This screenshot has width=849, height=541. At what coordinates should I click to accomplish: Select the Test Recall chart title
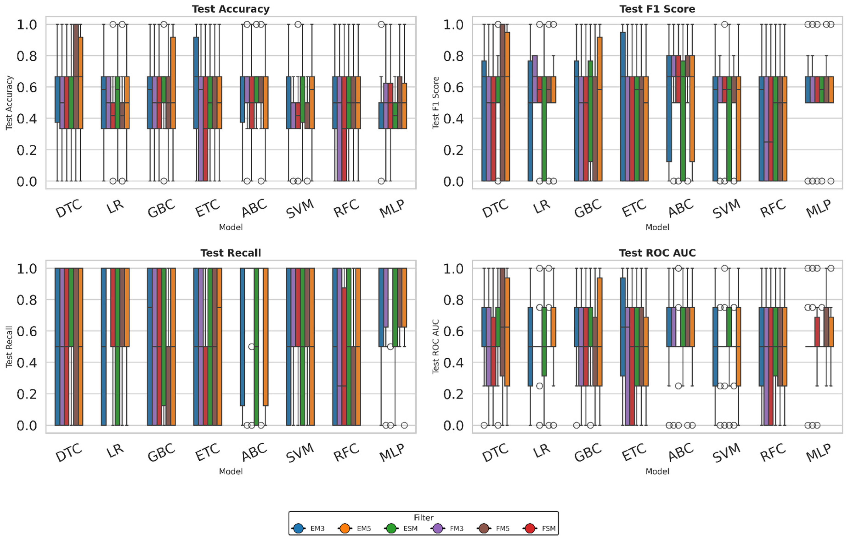pos(231,253)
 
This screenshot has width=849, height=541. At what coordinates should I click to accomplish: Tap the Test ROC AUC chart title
pos(657,253)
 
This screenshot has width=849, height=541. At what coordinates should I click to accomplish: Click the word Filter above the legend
pos(423,517)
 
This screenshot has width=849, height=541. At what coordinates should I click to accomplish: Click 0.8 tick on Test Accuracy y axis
pos(27,56)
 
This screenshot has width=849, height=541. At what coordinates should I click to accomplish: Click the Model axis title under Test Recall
pos(231,471)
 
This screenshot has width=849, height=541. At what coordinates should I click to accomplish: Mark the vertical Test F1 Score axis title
pos(436,103)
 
